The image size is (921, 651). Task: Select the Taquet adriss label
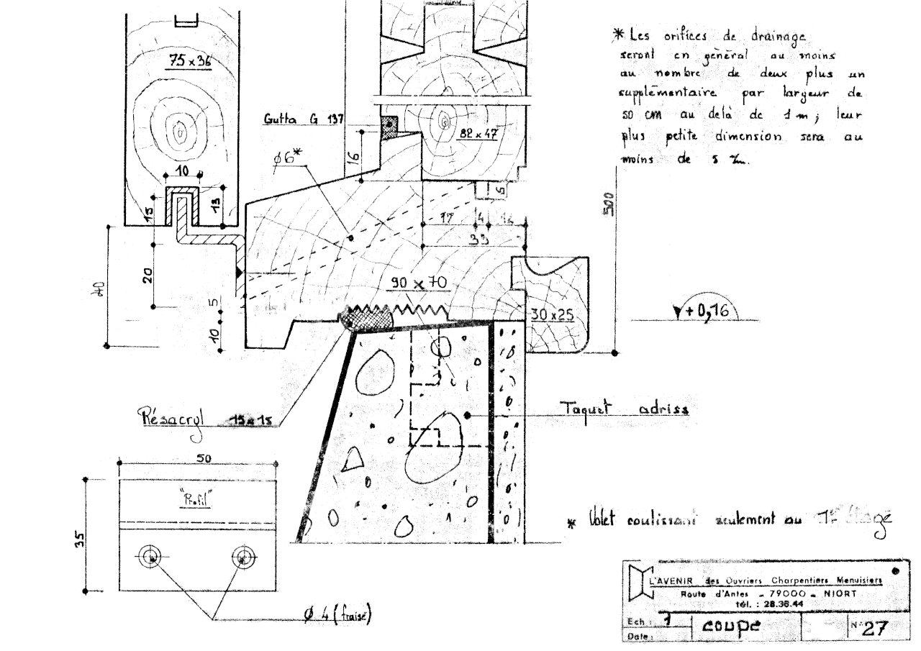click(624, 409)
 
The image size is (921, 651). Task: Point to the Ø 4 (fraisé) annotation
click(336, 616)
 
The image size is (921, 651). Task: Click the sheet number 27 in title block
click(874, 628)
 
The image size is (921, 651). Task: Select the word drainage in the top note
click(776, 35)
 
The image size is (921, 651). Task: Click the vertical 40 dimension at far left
click(100, 288)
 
